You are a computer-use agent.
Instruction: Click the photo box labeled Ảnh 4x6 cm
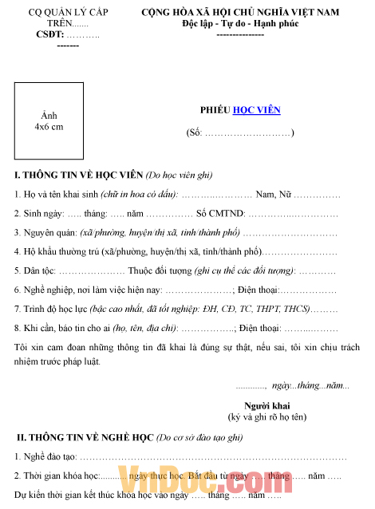[x=49, y=120]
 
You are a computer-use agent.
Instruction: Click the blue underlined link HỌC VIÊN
[x=256, y=110]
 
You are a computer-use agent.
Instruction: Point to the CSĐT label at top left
[x=49, y=35]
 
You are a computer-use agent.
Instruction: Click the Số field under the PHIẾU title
[x=239, y=132]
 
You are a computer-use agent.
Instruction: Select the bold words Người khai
[x=266, y=404]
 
